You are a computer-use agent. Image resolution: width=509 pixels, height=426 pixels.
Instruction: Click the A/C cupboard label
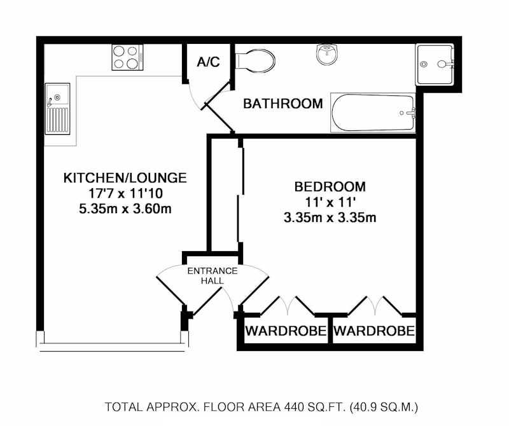(209, 61)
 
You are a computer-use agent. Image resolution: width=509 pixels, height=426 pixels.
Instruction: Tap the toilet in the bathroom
(255, 60)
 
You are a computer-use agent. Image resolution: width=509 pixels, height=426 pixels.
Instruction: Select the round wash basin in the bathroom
(328, 54)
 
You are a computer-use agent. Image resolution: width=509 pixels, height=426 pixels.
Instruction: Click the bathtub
(373, 113)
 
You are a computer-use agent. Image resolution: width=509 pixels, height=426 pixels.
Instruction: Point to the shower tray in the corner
(435, 65)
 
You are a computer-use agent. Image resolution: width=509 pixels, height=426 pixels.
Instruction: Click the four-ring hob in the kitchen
(127, 57)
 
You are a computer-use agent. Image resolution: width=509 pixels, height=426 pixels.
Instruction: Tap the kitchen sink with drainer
(57, 109)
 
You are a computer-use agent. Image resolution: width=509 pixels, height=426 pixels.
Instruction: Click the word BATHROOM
(283, 104)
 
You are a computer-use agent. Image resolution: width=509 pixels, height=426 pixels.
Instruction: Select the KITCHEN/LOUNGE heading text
(125, 178)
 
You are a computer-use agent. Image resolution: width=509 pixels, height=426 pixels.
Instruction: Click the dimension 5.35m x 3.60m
(125, 209)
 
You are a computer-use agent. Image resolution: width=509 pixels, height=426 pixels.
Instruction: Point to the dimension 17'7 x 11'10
(125, 193)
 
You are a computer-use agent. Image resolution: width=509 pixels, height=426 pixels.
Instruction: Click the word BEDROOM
(330, 187)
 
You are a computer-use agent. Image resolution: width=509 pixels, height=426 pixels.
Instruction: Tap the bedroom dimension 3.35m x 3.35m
(330, 217)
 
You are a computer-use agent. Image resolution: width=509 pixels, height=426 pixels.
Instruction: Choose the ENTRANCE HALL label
(213, 276)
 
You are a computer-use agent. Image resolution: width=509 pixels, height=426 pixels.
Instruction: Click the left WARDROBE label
(286, 331)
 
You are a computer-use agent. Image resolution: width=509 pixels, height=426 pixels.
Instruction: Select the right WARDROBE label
(374, 331)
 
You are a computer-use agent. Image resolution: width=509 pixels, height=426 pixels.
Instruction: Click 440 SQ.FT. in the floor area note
(315, 406)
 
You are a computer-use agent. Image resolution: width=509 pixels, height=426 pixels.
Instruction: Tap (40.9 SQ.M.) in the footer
(384, 406)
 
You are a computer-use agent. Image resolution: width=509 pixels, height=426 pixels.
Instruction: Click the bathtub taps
(411, 113)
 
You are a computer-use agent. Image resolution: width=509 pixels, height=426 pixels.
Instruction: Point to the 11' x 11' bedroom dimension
(330, 202)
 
